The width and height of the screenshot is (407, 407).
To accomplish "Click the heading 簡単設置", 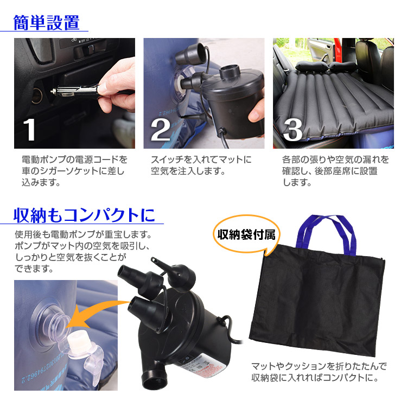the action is click(x=46, y=23).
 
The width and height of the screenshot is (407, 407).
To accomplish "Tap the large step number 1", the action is click(x=29, y=130).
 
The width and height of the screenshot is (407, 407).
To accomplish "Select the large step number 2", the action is click(x=161, y=130).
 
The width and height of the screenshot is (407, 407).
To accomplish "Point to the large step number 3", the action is click(x=292, y=130).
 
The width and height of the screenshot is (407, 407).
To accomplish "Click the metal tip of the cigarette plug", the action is click(x=54, y=91).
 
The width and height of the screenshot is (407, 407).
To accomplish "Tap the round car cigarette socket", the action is click(x=36, y=96).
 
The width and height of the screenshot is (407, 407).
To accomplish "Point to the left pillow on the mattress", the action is click(x=311, y=66).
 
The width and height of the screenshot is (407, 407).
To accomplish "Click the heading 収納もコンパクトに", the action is click(x=84, y=215).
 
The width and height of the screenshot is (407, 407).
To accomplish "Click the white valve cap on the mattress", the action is click(x=79, y=344).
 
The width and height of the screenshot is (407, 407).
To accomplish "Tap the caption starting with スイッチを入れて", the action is click(x=201, y=165).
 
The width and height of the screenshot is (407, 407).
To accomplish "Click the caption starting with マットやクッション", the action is click(x=319, y=372).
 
